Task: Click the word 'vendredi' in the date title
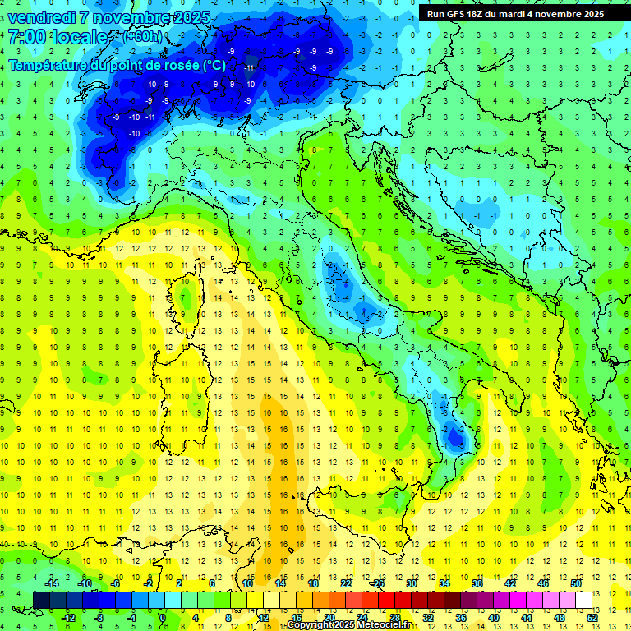pos(42,17)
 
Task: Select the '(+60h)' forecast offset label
pos(142,37)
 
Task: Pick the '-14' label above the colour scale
pos(51,583)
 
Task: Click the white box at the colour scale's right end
pos(583,600)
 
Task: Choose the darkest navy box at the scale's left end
pos(41,600)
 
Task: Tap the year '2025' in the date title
pos(186,17)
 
